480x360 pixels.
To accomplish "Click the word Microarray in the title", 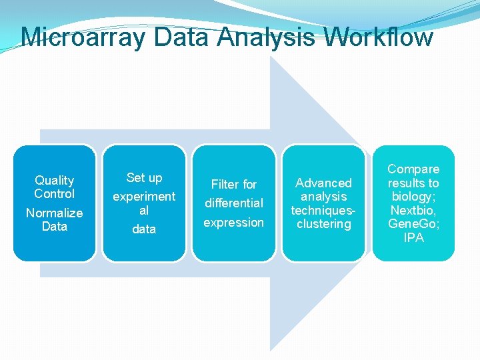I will [83, 37].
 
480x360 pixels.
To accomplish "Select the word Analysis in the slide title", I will [266, 37].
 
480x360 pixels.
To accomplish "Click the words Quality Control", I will [55, 187].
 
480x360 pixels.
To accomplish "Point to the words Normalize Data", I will [55, 220].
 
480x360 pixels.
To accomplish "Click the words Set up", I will [144, 178].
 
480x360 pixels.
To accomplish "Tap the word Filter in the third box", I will [225, 185].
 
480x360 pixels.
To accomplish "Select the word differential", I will [234, 203].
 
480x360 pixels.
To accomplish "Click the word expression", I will [234, 222].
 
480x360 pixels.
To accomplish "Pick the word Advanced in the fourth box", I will [323, 183].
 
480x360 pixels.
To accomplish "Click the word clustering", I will [323, 224].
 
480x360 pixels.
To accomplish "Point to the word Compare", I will [413, 169].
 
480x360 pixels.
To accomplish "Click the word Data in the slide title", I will [180, 37].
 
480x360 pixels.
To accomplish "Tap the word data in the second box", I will [144, 229].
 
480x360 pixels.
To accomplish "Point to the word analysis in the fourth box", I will [323, 197].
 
